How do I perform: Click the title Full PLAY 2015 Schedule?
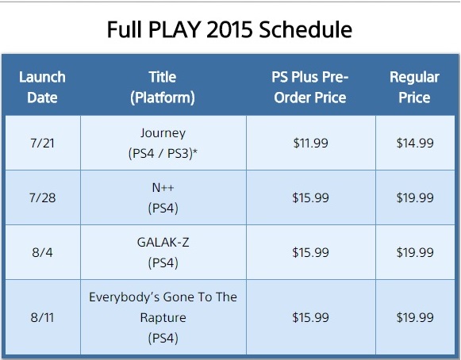(229, 29)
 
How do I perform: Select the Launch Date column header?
(42, 87)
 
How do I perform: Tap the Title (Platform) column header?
(163, 87)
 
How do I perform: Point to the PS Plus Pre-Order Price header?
(310, 87)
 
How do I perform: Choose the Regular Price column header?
(414, 87)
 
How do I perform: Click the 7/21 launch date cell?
(42, 143)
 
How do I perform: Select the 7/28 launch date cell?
(42, 197)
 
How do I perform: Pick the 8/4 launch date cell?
(42, 252)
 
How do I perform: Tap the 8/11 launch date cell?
(42, 318)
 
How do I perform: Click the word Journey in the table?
(163, 133)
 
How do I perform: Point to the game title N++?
(163, 187)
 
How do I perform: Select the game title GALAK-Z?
(163, 243)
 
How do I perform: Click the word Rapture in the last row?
(163, 318)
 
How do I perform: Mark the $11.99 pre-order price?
(310, 143)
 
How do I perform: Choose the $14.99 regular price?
(415, 143)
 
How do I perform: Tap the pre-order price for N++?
(310, 197)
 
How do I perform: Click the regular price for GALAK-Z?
(415, 252)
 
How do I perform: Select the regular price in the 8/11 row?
(415, 318)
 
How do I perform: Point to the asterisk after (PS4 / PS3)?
(194, 151)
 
